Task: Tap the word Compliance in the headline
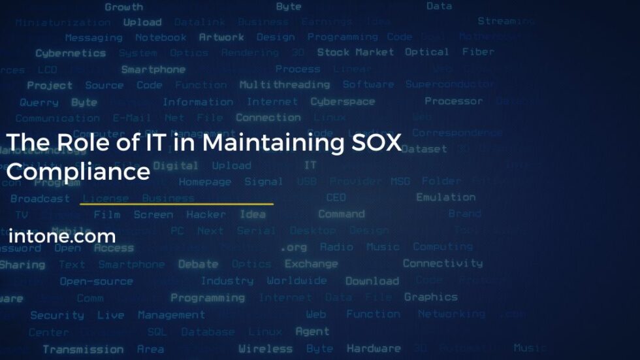click(78, 172)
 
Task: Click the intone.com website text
click(62, 236)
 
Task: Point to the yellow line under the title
click(176, 204)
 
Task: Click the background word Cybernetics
click(71, 54)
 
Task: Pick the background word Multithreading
click(285, 85)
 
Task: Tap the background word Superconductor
click(450, 84)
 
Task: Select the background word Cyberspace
click(343, 102)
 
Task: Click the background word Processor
click(454, 101)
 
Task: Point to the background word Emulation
click(446, 197)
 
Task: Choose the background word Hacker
click(206, 214)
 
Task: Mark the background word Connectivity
click(443, 263)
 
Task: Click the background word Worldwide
click(296, 281)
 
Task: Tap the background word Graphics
click(431, 297)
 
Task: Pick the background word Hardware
click(374, 348)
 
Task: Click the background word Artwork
click(221, 37)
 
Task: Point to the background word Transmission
click(83, 349)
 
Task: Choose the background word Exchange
click(312, 264)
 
